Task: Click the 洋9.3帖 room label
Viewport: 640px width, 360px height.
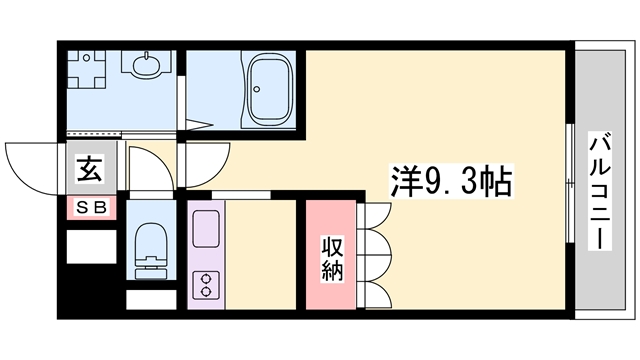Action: pos(451,181)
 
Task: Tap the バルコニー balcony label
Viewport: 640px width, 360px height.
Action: pos(600,191)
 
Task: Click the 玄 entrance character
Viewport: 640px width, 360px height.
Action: pos(89,169)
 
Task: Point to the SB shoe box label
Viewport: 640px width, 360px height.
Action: pos(92,208)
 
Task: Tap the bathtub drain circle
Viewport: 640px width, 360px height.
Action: pos(257,89)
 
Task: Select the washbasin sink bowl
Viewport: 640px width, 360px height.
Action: pos(147,65)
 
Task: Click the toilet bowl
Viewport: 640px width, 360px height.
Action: pos(151,240)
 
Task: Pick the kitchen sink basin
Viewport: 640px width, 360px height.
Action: pos(206,229)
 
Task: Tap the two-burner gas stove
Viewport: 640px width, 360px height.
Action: pos(206,284)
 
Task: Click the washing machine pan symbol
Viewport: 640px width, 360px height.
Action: pos(86,69)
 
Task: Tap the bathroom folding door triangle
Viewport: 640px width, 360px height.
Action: pos(199,124)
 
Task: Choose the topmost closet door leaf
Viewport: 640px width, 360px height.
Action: pos(375,217)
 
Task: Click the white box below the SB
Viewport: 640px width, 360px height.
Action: pos(91,247)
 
